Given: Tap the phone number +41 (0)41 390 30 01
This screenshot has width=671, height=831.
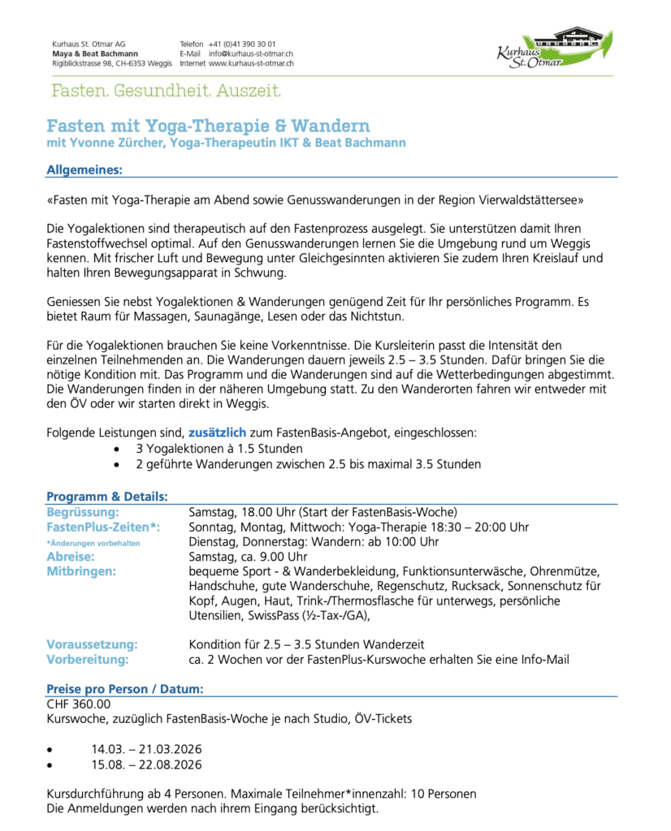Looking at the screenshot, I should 242,44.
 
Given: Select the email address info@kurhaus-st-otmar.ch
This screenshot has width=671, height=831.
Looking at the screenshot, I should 251,54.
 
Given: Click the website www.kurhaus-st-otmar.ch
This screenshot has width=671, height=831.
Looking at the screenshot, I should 251,62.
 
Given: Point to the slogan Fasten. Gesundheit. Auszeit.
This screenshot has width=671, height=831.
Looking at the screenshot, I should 167,89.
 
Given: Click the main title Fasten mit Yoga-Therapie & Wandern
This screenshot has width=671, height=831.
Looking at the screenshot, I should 209,126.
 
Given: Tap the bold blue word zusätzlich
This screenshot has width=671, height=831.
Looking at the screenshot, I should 217,433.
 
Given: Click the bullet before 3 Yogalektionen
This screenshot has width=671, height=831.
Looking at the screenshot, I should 119,449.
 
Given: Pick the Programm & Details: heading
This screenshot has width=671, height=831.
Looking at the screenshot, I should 107,496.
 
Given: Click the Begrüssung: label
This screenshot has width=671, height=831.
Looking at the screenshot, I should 83,512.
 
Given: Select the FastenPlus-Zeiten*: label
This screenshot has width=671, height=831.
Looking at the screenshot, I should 103,527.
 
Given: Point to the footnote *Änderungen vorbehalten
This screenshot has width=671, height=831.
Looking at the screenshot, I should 93,543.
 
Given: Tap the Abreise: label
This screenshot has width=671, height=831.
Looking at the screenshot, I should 71,557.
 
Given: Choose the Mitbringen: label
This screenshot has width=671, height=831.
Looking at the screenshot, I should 81,571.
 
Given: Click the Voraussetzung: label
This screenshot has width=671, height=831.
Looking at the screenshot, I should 92,644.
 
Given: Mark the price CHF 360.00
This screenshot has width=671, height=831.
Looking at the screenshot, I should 79,704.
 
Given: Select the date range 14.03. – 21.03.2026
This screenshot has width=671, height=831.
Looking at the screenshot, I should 146,749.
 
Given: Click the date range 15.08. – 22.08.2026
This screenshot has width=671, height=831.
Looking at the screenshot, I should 146,764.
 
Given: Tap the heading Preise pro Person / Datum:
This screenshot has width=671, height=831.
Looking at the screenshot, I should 125,689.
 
